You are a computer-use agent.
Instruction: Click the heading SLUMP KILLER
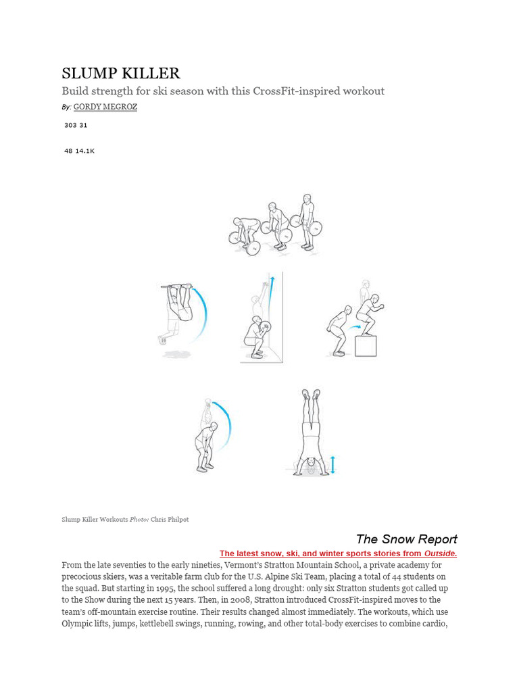(121, 74)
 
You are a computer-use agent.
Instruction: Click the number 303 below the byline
(70, 125)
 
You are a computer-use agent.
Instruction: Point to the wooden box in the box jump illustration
(366, 345)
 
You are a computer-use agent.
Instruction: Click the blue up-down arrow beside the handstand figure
(332, 465)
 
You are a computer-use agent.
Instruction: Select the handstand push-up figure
(310, 432)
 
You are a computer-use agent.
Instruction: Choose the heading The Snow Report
(406, 539)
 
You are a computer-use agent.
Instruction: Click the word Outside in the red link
(440, 553)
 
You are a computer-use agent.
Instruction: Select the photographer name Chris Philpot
(170, 519)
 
